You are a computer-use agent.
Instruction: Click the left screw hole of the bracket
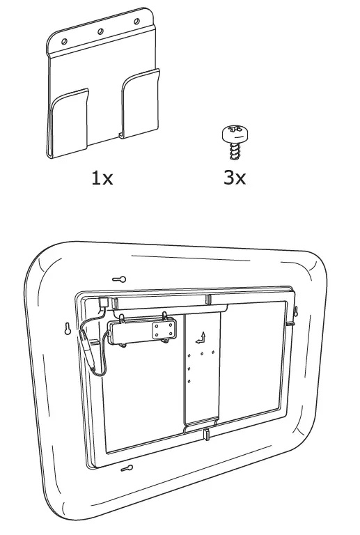point(64,42)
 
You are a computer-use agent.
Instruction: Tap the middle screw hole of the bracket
point(100,32)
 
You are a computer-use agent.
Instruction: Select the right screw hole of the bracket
point(136,22)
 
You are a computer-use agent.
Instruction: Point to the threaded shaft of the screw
point(234,150)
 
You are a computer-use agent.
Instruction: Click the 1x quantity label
point(102,178)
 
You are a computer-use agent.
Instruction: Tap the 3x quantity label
point(235,178)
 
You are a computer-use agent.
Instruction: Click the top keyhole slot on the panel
point(119,279)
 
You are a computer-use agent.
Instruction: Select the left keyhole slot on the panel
point(68,329)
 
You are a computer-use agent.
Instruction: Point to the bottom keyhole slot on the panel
point(127,468)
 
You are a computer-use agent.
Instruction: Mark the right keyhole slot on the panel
point(295,311)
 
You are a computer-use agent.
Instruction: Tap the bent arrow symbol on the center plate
point(201,338)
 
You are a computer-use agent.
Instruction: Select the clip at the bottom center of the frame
point(206,435)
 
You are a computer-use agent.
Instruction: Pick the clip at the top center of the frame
point(208,300)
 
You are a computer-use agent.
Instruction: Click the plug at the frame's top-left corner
point(103,302)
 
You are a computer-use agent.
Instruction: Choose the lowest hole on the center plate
point(189,382)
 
